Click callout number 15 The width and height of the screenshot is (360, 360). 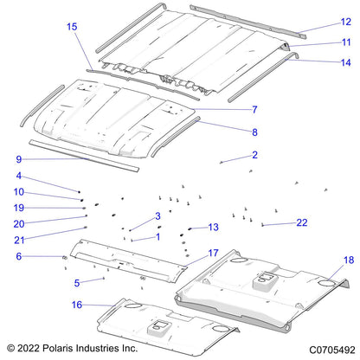tap(72, 28)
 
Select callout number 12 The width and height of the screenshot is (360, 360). tap(345, 22)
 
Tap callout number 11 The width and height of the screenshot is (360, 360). tap(345, 42)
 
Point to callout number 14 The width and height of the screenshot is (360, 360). tap(345, 61)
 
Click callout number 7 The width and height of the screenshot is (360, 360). tap(255, 109)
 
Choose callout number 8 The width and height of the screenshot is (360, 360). tap(255, 132)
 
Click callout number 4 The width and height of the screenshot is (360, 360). tap(18, 177)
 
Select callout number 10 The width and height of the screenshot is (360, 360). tap(18, 192)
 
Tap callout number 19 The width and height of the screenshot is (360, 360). tap(18, 208)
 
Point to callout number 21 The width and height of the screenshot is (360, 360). tap(18, 240)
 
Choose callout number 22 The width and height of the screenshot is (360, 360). tap(302, 222)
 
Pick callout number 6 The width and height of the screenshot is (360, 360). tap(18, 256)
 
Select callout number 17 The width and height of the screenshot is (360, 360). tap(214, 253)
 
